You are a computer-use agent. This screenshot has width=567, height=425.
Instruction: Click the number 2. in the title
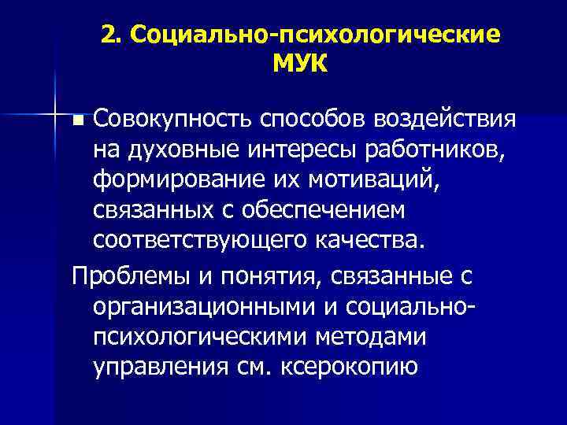[x=111, y=35]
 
